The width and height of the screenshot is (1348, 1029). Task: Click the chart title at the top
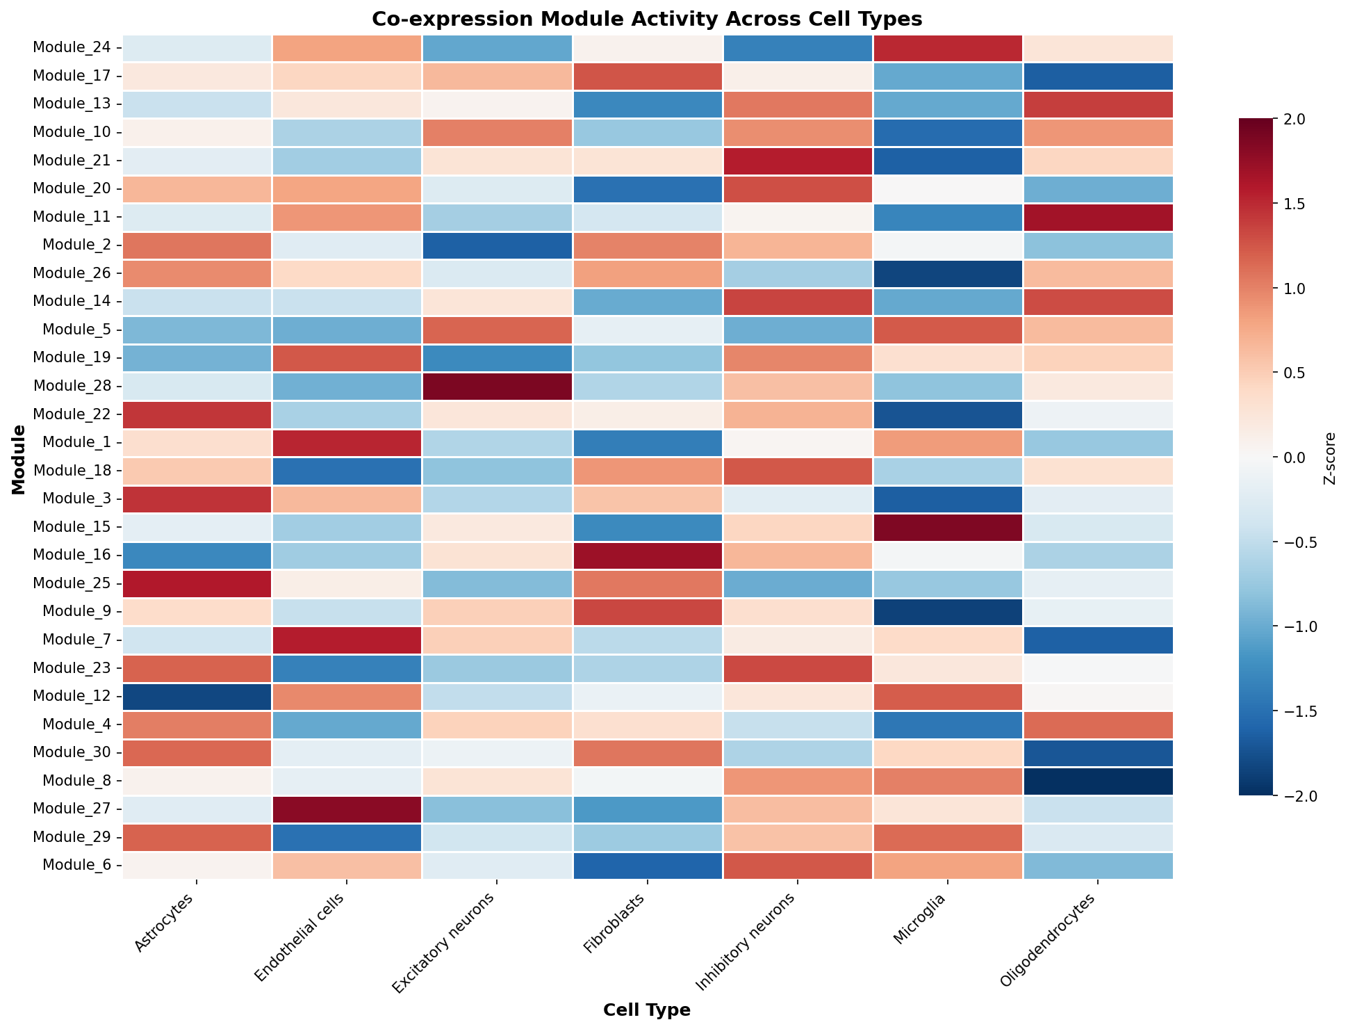click(647, 19)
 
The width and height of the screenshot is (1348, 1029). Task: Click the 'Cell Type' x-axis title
click(647, 1010)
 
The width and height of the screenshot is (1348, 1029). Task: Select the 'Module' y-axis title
click(19, 460)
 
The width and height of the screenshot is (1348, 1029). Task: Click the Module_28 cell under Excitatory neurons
click(497, 387)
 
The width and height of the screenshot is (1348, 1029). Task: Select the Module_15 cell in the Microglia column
click(947, 528)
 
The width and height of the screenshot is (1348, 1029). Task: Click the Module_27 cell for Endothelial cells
click(347, 809)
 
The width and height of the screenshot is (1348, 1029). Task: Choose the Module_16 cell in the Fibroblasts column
click(647, 556)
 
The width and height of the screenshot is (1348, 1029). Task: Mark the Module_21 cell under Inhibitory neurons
click(797, 161)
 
